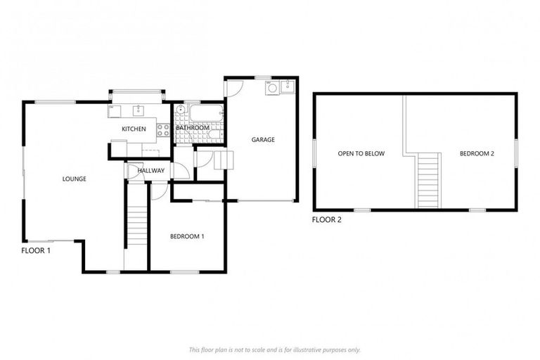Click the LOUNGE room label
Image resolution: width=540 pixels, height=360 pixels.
click(x=74, y=179)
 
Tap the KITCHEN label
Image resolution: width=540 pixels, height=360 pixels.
click(x=134, y=129)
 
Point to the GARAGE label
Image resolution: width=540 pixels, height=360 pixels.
click(x=263, y=139)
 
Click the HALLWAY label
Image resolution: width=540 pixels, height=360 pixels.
click(x=151, y=170)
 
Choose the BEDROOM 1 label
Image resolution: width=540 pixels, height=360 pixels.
click(x=187, y=236)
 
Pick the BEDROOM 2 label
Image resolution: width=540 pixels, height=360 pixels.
click(x=477, y=153)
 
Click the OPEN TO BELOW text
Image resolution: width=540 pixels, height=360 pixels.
click(x=361, y=153)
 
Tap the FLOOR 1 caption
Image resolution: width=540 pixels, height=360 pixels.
click(x=36, y=250)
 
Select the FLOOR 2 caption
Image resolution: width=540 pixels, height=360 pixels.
click(x=326, y=220)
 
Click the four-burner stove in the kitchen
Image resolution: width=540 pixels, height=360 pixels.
click(x=162, y=129)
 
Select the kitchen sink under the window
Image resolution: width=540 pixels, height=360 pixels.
click(x=139, y=111)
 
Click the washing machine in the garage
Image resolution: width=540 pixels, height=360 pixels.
click(x=271, y=89)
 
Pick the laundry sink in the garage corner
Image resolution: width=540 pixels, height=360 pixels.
click(x=287, y=88)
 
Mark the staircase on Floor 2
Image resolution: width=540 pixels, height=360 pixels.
click(x=428, y=181)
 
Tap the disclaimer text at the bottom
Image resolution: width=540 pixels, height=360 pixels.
click(x=274, y=349)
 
